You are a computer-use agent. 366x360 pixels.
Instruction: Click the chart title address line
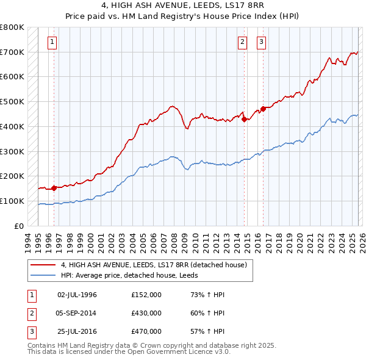tap(182, 5)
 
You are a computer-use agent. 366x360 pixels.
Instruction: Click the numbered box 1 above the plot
tap(52, 42)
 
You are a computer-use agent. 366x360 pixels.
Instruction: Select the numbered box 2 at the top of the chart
tap(242, 42)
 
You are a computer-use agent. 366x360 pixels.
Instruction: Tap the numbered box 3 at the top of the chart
tap(261, 42)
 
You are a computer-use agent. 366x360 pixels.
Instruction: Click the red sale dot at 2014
tap(245, 120)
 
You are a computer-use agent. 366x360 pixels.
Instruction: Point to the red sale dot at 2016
tap(264, 109)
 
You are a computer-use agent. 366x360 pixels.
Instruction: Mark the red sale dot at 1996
tap(54, 188)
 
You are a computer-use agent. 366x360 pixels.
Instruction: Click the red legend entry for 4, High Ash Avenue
tap(153, 265)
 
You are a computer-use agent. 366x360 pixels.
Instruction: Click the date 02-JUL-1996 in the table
tap(77, 295)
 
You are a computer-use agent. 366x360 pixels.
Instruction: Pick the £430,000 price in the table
tap(146, 313)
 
